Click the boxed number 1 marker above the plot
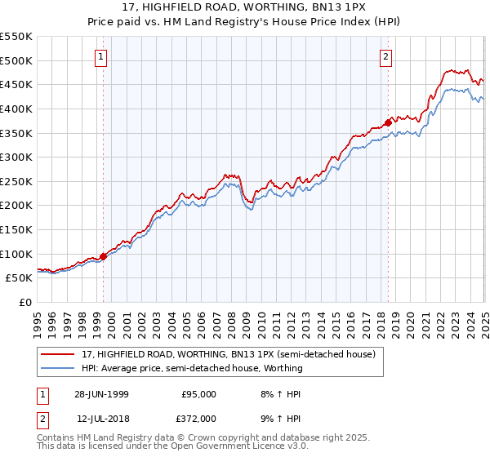coord(100,56)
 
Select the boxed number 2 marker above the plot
coord(385,56)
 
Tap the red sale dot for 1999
coord(104,256)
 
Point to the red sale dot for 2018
coord(388,122)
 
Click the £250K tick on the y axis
coord(16,181)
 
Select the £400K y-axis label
coord(16,109)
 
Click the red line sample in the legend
coord(59,354)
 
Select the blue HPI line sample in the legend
coord(59,368)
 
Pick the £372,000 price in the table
coord(198,419)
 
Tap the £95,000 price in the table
coord(198,393)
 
